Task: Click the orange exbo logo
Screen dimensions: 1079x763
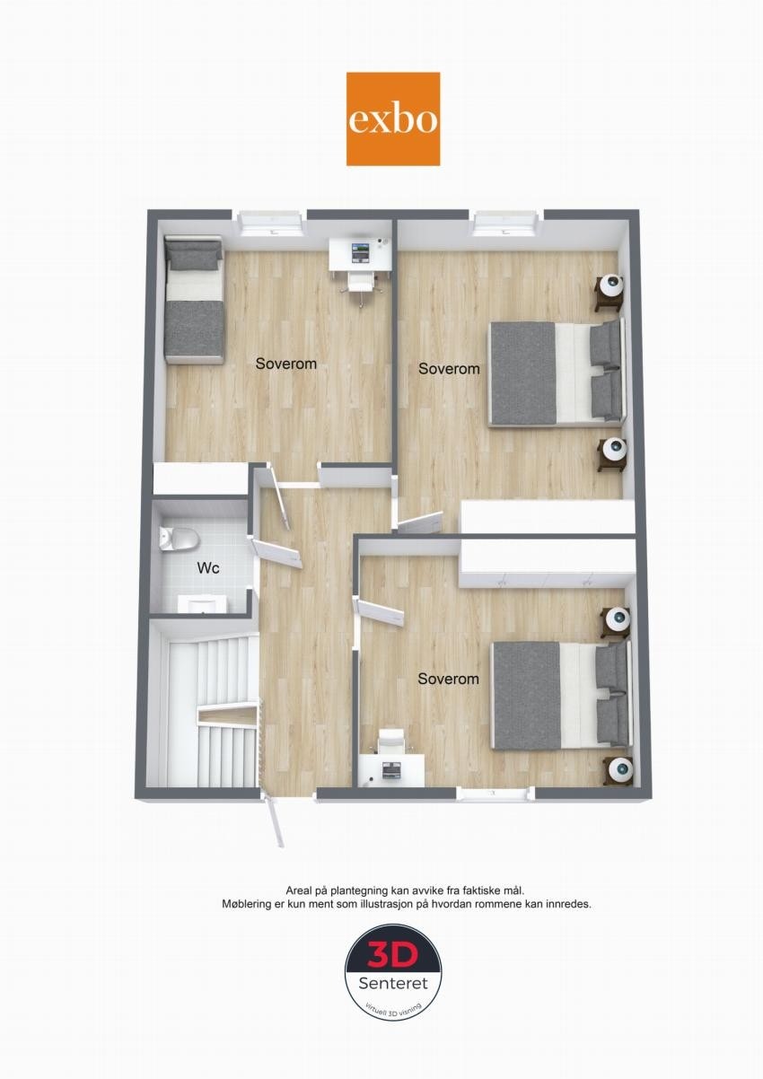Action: tap(393, 118)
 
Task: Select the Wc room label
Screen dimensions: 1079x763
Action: tap(208, 568)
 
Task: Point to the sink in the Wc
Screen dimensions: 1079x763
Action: tap(206, 603)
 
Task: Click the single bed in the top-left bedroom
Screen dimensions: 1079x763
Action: tap(194, 300)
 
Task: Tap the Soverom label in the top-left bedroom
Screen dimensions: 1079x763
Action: tap(285, 364)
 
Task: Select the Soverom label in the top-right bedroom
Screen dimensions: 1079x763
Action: tap(449, 368)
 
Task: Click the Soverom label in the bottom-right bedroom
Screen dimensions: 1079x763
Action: tap(448, 679)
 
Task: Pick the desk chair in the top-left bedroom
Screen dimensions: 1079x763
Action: tap(360, 282)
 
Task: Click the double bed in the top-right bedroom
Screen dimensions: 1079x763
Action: tap(555, 372)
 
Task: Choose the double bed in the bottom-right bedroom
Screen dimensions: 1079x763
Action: tap(559, 695)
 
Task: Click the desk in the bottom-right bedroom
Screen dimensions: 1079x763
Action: tap(391, 769)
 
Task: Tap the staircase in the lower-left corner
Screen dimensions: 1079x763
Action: tap(213, 709)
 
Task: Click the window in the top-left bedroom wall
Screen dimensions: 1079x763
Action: tap(270, 221)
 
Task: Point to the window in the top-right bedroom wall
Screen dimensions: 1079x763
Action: tap(506, 221)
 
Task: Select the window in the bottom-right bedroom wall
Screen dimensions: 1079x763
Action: tap(495, 793)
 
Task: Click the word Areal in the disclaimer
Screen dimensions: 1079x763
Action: tap(299, 889)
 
